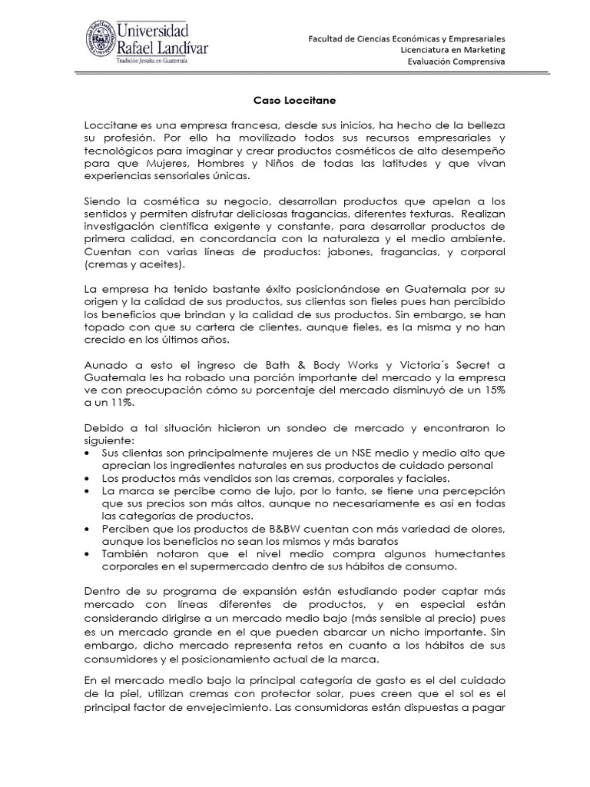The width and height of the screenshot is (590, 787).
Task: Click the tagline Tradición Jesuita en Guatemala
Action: click(159, 61)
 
